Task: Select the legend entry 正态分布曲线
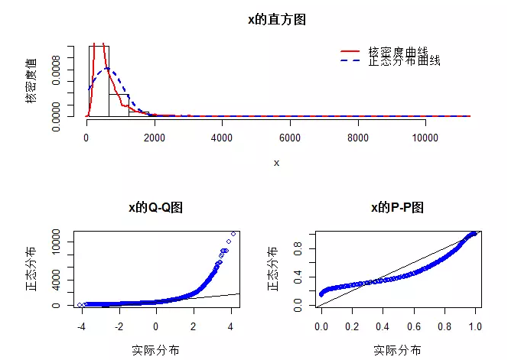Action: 404,60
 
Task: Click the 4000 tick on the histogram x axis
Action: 221,138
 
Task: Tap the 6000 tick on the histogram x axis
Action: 289,138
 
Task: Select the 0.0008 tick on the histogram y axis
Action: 57,69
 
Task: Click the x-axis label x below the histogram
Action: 276,163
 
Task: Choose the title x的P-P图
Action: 396,208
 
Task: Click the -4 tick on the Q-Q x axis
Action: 81,326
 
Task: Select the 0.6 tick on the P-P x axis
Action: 414,326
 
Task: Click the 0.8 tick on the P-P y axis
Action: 299,246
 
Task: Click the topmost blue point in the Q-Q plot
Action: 233,234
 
